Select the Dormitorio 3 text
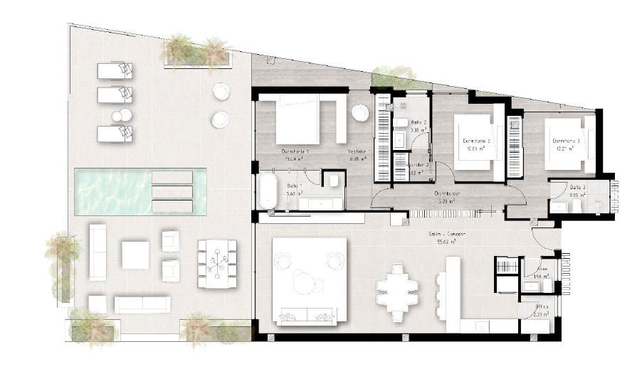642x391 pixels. (x=566, y=141)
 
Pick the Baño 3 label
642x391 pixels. (x=578, y=187)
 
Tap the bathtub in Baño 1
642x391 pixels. (x=267, y=191)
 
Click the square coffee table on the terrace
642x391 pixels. (x=135, y=255)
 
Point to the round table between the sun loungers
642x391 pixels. (x=122, y=115)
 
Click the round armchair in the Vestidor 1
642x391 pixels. (x=360, y=112)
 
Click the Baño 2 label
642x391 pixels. (x=419, y=122)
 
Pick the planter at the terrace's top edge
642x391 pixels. (x=196, y=54)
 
